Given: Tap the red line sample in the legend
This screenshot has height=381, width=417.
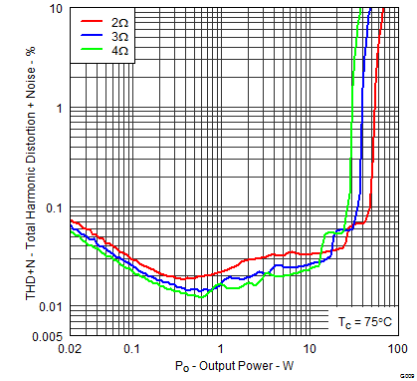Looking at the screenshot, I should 92,20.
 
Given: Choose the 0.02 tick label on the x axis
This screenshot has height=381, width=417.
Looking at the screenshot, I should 71,349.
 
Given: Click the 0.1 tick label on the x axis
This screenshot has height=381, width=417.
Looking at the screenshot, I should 130,349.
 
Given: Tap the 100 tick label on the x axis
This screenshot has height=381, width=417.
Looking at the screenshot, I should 396,349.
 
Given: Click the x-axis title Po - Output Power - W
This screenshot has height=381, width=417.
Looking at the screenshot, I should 234,368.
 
